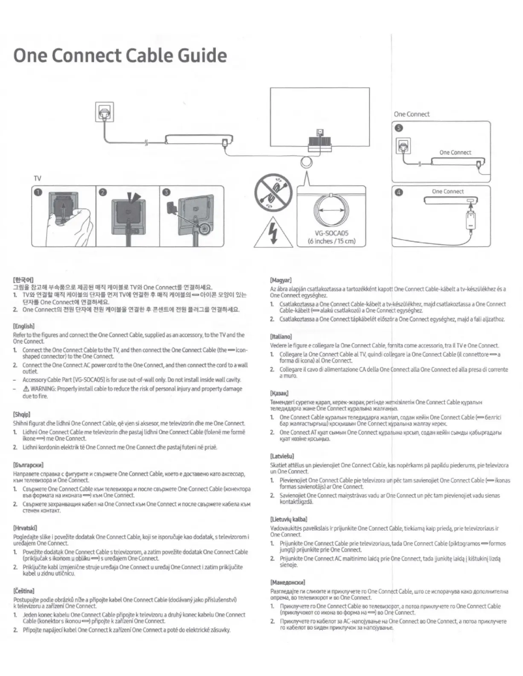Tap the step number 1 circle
coord(38,192)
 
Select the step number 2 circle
coord(103,192)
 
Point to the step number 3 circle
coord(168,192)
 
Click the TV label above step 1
coord(38,177)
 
